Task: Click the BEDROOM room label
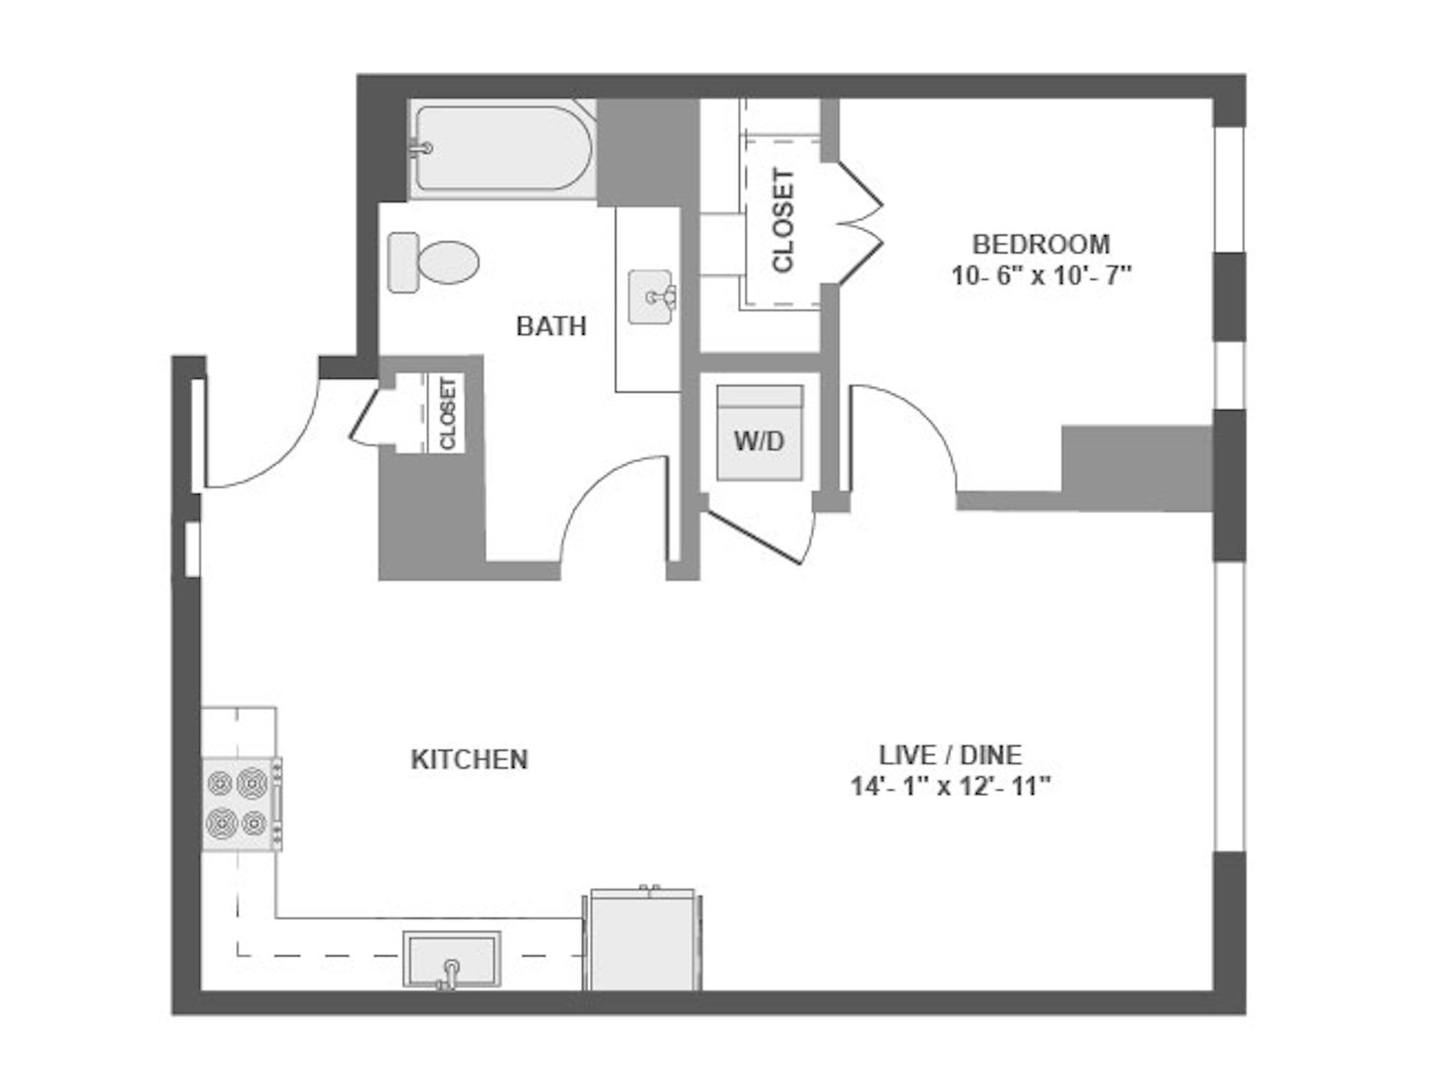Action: point(1040,245)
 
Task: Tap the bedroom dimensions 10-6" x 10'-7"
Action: point(1041,276)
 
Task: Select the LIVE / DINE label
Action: point(950,754)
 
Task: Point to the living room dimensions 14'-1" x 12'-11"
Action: point(951,787)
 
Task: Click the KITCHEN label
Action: point(469,760)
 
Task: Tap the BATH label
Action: point(551,326)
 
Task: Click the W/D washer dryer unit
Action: point(760,433)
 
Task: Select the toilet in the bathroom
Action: point(433,263)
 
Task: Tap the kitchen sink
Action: point(451,960)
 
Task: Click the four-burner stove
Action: point(242,804)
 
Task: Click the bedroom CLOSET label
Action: point(782,221)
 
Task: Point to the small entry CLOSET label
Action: point(448,414)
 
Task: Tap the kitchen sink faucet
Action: point(450,974)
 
